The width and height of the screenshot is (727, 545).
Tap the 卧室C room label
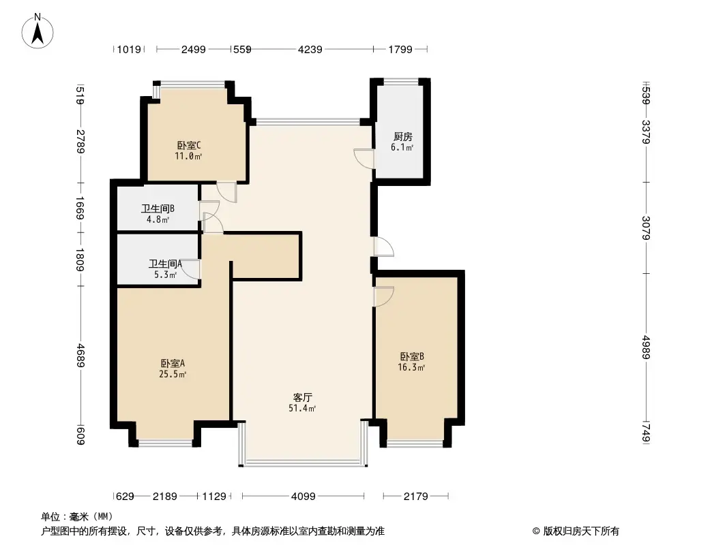188,145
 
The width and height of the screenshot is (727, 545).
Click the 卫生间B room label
158,209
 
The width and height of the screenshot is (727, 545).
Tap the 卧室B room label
412,356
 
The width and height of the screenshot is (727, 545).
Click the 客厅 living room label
303,397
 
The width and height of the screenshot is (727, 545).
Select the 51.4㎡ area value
303,408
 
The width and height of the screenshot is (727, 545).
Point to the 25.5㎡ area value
173,374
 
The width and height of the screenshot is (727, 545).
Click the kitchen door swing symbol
364,158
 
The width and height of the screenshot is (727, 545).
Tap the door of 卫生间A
192,270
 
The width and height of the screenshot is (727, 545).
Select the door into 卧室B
384,296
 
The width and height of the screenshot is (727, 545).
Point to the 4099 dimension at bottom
303,497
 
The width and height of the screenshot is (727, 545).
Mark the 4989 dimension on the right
647,348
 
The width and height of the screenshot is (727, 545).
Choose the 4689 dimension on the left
80,354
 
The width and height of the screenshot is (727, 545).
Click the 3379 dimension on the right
647,133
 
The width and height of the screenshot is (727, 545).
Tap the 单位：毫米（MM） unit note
77,516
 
